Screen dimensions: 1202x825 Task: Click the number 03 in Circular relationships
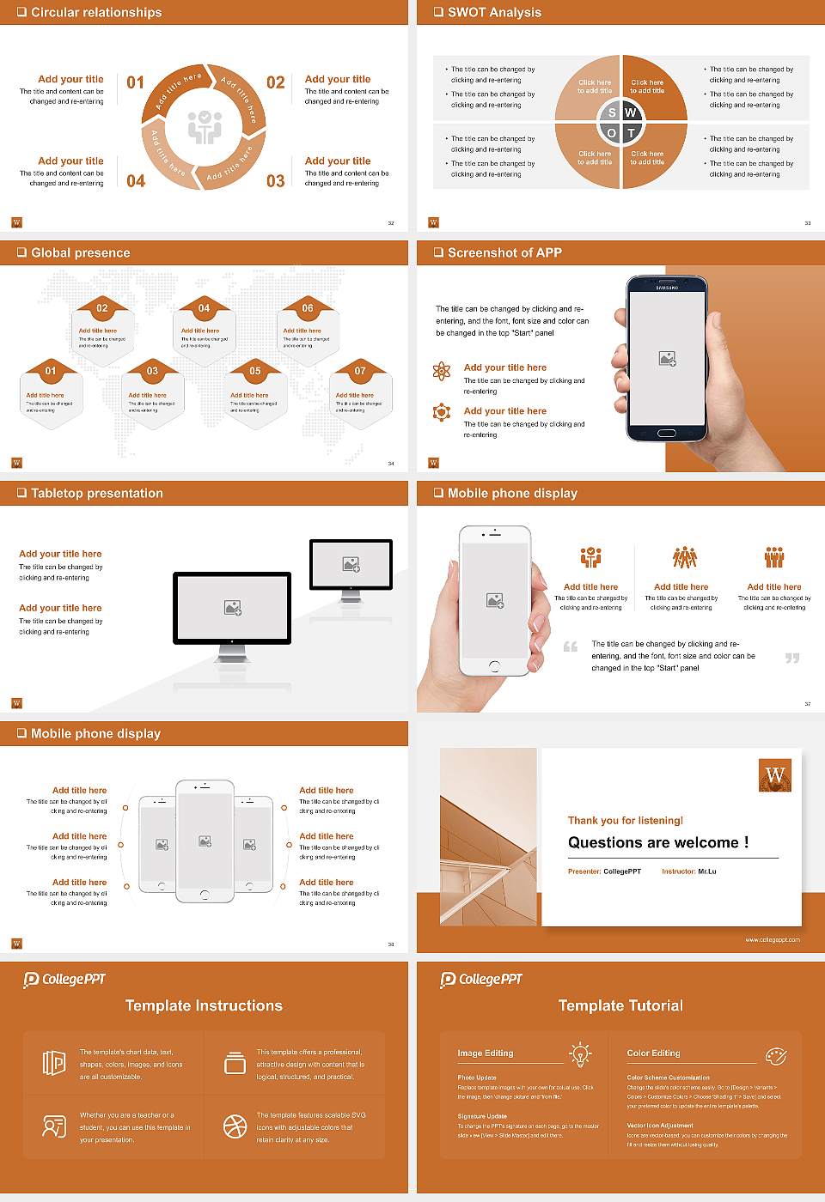point(275,181)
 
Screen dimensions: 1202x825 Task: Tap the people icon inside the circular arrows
point(205,127)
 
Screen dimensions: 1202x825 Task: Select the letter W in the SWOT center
point(631,112)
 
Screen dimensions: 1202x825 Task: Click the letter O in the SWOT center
point(611,133)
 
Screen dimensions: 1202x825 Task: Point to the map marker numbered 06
point(308,308)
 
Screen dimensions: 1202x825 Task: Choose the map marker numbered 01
point(51,371)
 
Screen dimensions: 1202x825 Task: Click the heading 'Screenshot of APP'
point(504,252)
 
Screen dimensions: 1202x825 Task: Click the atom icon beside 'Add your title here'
point(442,371)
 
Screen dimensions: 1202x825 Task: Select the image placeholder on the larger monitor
point(232,608)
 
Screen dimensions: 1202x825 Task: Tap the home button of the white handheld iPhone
point(494,666)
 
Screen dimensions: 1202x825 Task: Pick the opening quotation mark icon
point(571,647)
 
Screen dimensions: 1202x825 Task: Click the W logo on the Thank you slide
point(775,775)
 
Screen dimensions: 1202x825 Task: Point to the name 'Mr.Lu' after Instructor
point(706,871)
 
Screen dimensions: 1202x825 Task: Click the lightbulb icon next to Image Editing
point(580,1054)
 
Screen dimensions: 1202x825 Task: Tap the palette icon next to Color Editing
point(775,1055)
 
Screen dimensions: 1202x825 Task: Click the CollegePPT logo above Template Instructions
point(64,980)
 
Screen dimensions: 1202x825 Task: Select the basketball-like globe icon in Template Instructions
point(235,1126)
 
